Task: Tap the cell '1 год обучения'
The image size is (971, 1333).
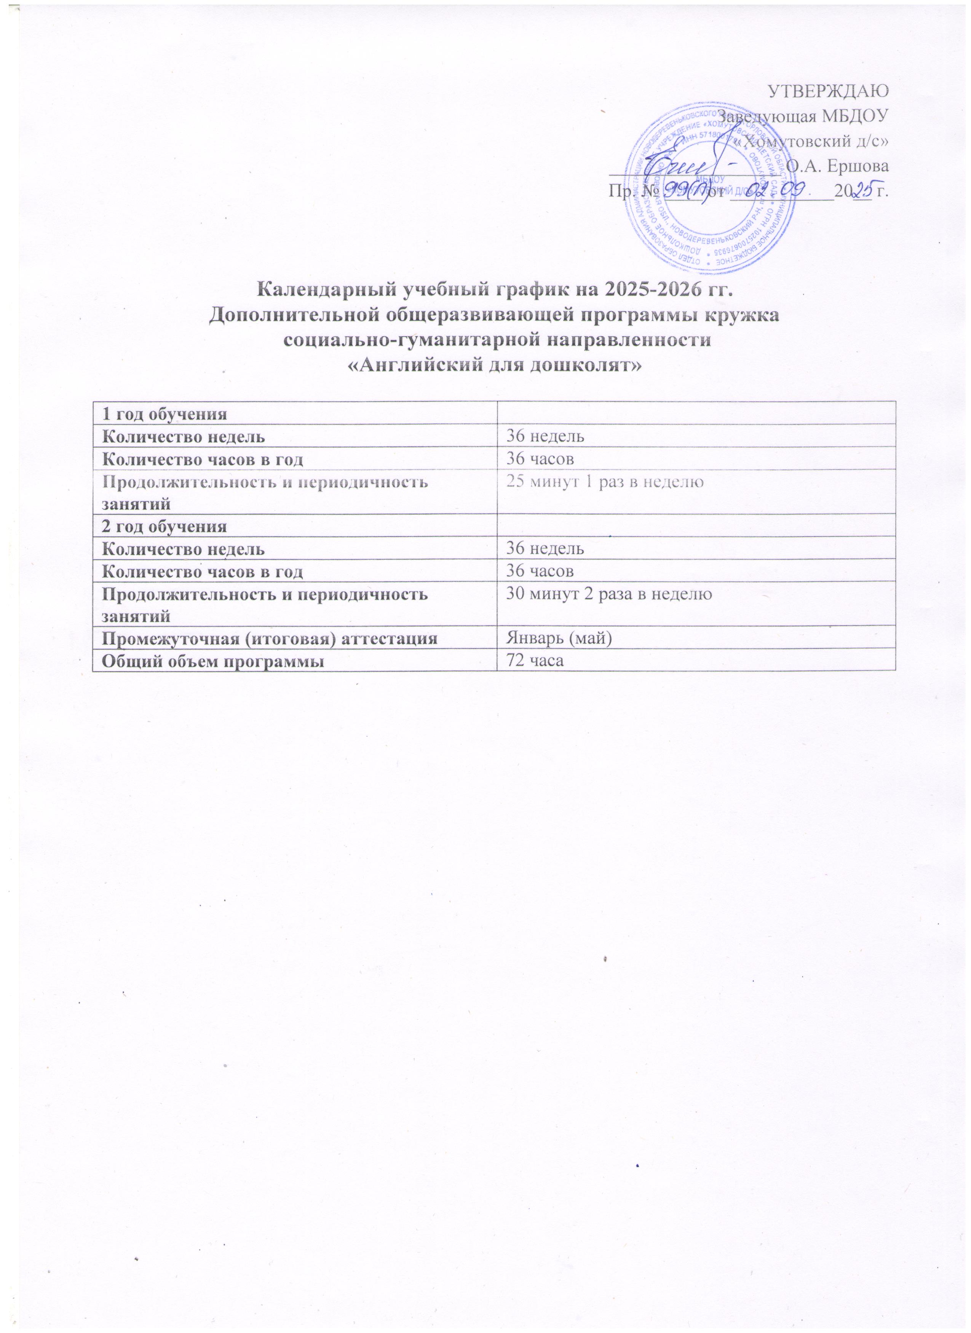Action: pyautogui.click(x=164, y=413)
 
